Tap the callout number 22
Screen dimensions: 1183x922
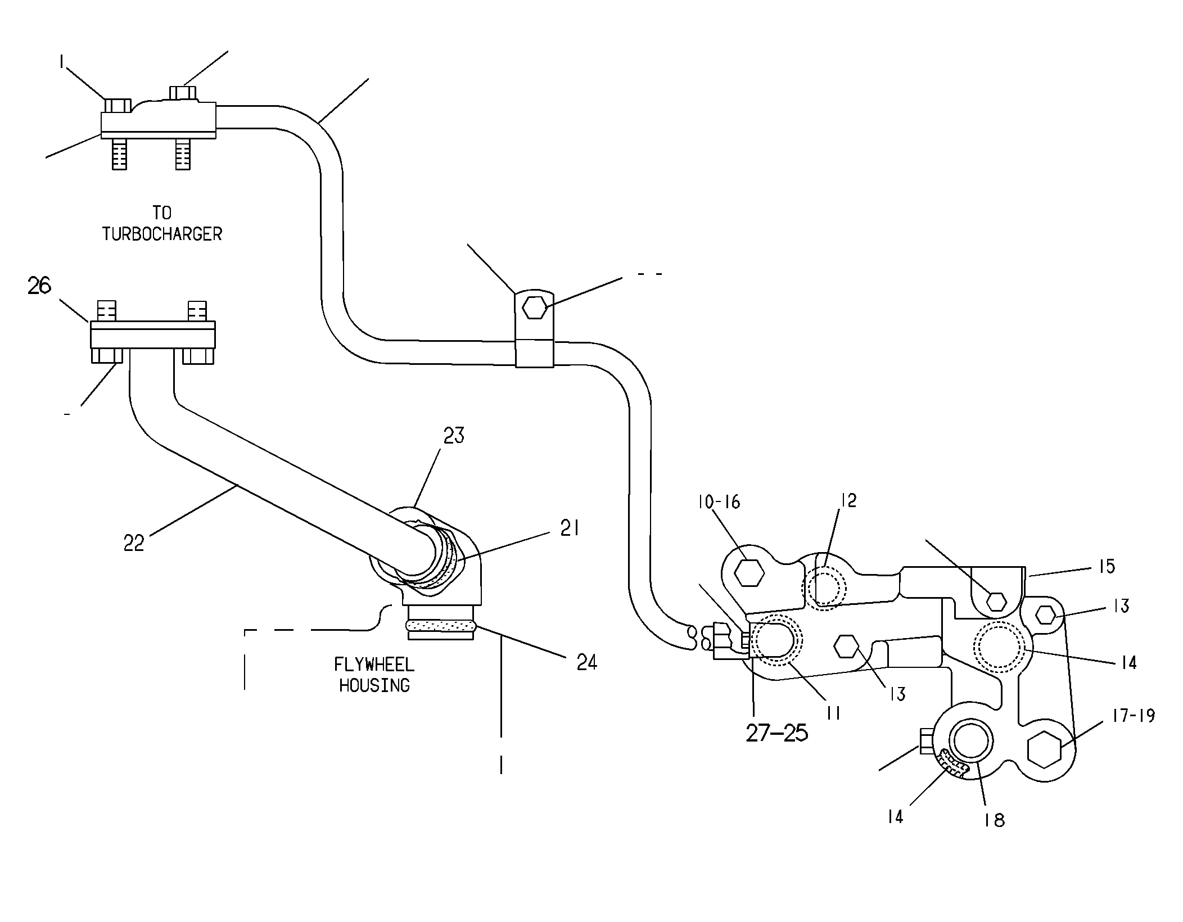click(134, 543)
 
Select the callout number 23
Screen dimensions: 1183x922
click(454, 435)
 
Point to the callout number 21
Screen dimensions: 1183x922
click(570, 528)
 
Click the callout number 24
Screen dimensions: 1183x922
click(586, 662)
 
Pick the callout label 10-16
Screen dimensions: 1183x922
click(719, 501)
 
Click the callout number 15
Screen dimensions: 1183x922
click(1107, 566)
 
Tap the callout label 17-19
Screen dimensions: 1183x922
click(1133, 716)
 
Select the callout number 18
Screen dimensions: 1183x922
click(995, 820)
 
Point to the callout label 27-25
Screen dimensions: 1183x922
click(777, 733)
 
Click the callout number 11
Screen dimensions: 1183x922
click(833, 713)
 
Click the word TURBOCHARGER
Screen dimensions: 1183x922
click(162, 234)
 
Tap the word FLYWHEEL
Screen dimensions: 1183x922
click(374, 665)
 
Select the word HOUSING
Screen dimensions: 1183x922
click(374, 685)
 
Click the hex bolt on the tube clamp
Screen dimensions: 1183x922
click(535, 308)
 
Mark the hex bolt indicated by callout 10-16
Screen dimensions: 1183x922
click(749, 573)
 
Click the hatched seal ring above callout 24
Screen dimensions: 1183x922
click(441, 625)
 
